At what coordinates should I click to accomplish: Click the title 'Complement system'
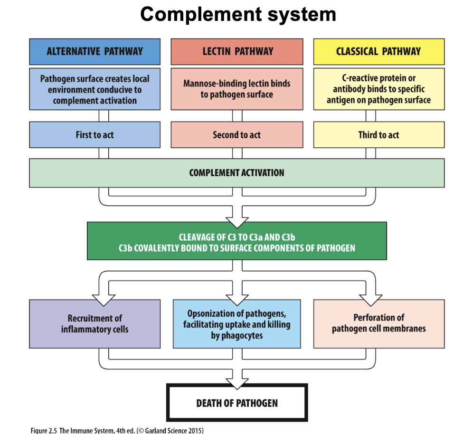click(238, 14)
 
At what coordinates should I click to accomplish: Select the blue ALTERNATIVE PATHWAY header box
click(94, 51)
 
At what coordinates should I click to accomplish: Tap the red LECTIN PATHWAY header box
click(237, 51)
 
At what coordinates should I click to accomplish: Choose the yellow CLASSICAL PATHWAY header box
click(378, 51)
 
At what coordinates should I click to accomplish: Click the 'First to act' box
click(94, 135)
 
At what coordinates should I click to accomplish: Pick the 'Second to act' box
click(237, 135)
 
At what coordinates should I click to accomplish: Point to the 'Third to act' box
click(378, 135)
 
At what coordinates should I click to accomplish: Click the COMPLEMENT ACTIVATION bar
click(236, 173)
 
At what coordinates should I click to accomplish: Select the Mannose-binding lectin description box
click(237, 89)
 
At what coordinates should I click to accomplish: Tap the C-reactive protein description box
click(378, 89)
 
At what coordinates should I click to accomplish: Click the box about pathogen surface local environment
click(94, 89)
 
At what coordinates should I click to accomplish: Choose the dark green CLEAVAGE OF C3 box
click(236, 242)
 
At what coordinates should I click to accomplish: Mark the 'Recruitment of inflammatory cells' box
click(94, 323)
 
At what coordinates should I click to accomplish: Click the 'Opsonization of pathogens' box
click(236, 324)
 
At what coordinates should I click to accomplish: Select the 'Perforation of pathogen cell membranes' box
click(378, 323)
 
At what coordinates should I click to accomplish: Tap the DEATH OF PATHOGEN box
click(237, 403)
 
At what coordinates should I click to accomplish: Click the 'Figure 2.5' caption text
click(117, 430)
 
